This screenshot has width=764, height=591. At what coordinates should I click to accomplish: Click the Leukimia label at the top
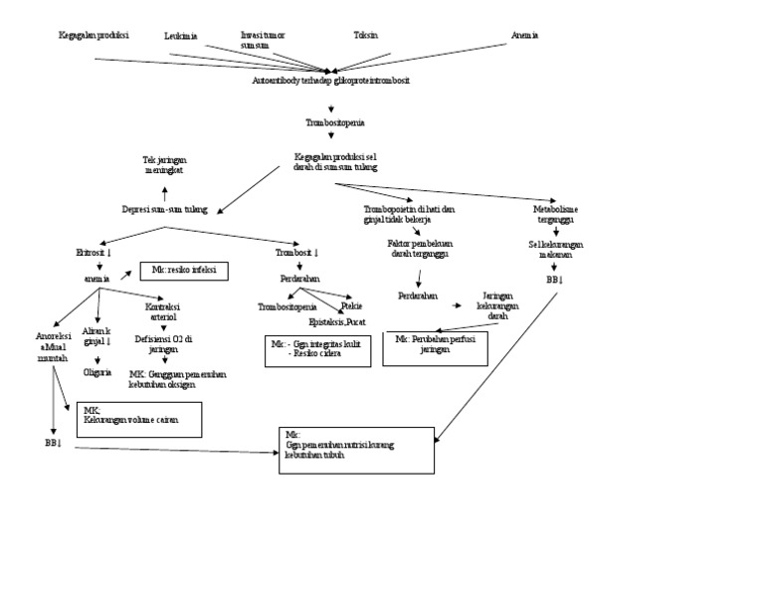click(180, 36)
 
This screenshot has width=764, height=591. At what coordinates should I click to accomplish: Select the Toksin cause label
click(365, 35)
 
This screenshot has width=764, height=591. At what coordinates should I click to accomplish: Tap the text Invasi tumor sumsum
click(262, 40)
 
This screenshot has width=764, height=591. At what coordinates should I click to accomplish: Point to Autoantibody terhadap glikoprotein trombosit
click(330, 81)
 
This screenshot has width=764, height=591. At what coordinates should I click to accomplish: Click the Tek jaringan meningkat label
click(164, 164)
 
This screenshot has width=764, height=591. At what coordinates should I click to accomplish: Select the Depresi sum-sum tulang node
click(165, 210)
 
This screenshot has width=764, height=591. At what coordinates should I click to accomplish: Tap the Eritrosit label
click(94, 253)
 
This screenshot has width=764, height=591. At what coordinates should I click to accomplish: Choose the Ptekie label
click(351, 306)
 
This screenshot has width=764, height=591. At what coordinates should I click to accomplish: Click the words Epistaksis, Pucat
click(337, 322)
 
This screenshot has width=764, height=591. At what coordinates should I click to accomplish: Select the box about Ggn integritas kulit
click(317, 350)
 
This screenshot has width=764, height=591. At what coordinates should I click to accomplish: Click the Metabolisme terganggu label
click(554, 215)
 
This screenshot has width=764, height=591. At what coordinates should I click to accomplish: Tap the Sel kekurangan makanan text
click(555, 249)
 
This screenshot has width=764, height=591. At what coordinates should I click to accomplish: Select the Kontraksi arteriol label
click(162, 312)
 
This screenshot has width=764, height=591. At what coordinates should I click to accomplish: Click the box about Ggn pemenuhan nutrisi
click(357, 449)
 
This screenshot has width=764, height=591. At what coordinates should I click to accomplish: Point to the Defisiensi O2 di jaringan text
click(164, 344)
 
